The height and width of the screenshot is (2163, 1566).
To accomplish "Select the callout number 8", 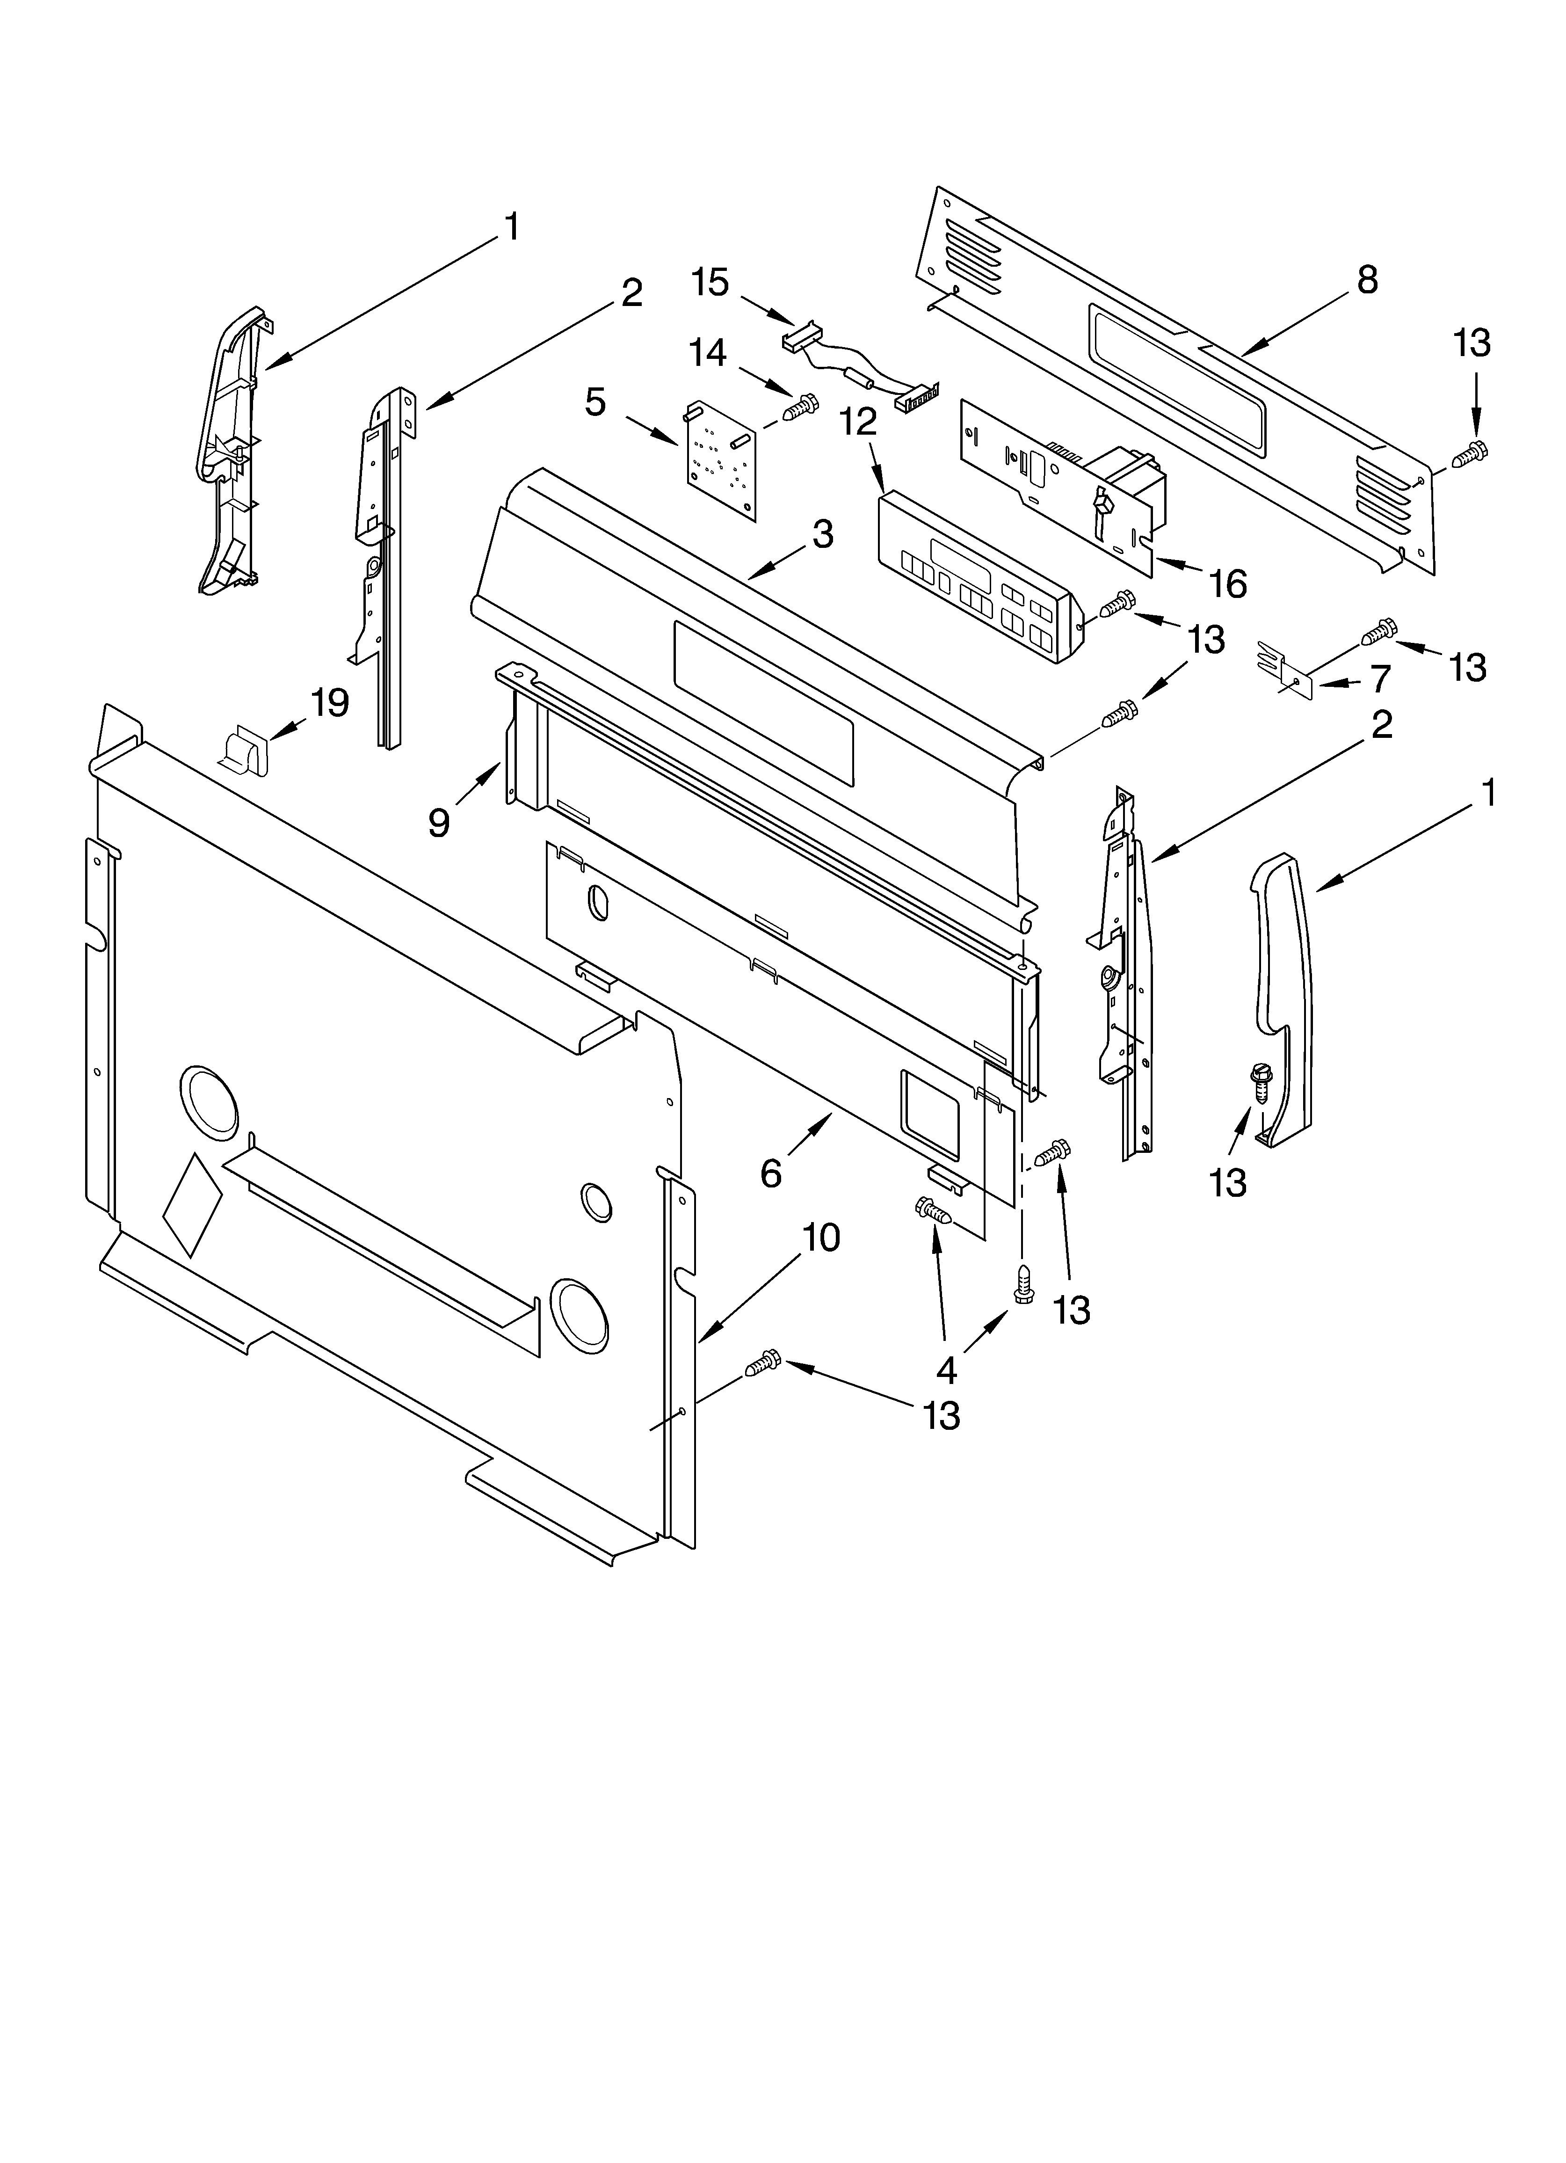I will [1367, 280].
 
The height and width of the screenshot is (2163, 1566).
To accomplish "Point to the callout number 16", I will [1228, 583].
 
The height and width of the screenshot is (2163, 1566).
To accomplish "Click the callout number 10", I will [820, 1238].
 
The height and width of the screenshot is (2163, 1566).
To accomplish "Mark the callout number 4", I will [946, 1370].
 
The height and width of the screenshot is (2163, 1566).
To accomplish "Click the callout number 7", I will [1380, 679].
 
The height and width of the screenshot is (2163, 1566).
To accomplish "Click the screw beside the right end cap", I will [1261, 1085].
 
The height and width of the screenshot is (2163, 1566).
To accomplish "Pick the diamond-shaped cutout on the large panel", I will [193, 1203].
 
